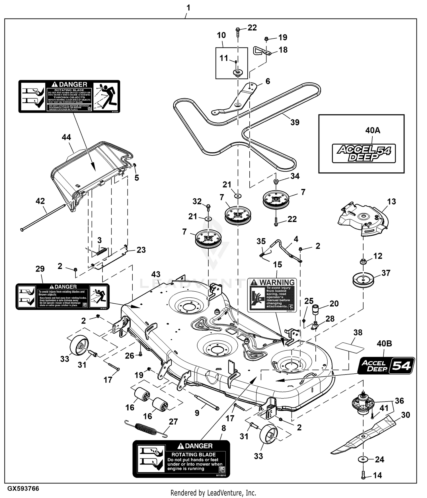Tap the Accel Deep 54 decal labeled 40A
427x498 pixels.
(x=364, y=153)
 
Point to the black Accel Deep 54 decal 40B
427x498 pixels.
(x=386, y=366)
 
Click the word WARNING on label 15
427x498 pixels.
(x=277, y=283)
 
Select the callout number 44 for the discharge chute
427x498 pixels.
(x=66, y=137)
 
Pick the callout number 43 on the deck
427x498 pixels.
(x=156, y=274)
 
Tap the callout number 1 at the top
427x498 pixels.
(x=188, y=8)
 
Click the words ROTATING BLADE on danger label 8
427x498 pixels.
(x=193, y=455)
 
